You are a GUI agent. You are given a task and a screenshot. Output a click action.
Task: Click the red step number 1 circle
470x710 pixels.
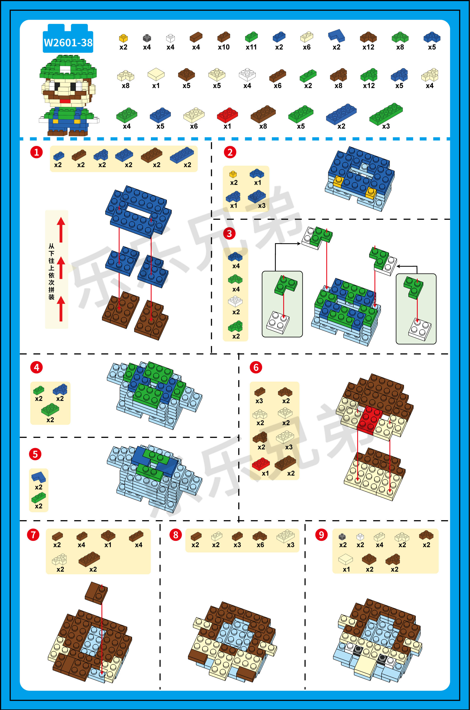[x=37, y=152]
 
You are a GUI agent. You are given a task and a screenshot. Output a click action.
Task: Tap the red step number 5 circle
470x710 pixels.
[x=35, y=454]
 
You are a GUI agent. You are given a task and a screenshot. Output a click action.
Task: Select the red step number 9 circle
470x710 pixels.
[x=321, y=534]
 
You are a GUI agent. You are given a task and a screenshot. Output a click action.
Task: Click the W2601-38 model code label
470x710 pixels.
[x=68, y=43]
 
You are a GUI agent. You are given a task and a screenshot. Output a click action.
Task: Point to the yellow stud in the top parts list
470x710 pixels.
[x=123, y=38]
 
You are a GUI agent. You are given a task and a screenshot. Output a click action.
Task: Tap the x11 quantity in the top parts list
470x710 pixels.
[x=251, y=47]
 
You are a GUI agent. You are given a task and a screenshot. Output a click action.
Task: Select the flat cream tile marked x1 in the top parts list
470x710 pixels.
[x=156, y=74]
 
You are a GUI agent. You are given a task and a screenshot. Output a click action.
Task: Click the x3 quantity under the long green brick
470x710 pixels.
[x=386, y=126]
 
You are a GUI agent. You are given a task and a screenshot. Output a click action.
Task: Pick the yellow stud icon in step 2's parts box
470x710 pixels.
[x=233, y=174]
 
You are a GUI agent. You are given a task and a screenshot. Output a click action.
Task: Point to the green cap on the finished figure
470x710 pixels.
[x=68, y=67]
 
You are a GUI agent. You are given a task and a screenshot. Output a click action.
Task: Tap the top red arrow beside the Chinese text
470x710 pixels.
[x=61, y=230]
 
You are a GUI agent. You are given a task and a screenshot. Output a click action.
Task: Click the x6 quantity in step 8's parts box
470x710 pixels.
[x=260, y=545]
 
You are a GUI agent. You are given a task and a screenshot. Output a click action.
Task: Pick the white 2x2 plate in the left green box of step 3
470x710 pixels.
[x=278, y=322]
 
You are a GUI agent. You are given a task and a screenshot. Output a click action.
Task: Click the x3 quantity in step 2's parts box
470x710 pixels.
[x=262, y=206]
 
